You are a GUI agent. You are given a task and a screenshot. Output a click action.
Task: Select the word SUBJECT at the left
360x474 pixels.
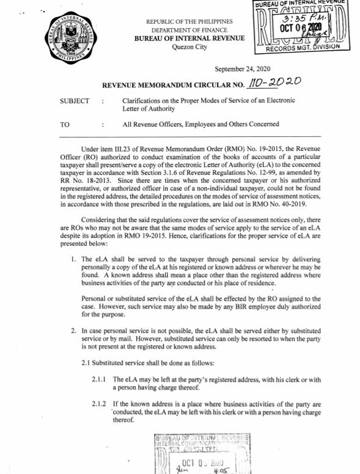click(75, 101)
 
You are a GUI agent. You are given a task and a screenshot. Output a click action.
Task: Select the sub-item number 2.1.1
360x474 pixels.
click(100, 379)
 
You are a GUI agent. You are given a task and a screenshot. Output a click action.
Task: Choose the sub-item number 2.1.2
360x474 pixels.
click(100, 404)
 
